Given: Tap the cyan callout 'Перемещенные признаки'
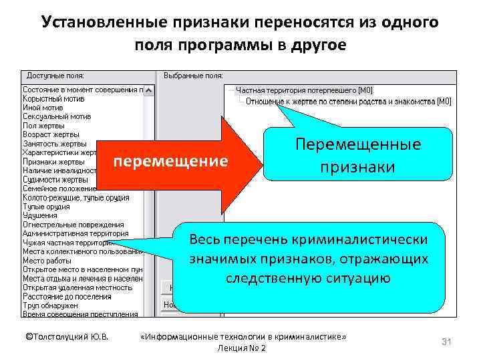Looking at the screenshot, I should tap(358, 155).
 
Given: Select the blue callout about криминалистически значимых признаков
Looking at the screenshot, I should tap(309, 259).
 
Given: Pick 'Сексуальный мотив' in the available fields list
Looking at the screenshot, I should tap(57, 116).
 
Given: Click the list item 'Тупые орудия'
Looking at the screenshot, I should tap(46, 207).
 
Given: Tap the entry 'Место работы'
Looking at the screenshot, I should tap(47, 260).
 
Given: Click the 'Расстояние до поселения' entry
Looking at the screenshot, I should tap(67, 296).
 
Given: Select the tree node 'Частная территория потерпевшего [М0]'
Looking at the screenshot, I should tap(305, 90).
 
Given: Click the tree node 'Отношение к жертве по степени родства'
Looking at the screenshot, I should tap(348, 102).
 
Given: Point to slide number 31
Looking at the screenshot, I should tap(447, 342).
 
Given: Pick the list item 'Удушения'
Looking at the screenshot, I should tap(41, 215).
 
